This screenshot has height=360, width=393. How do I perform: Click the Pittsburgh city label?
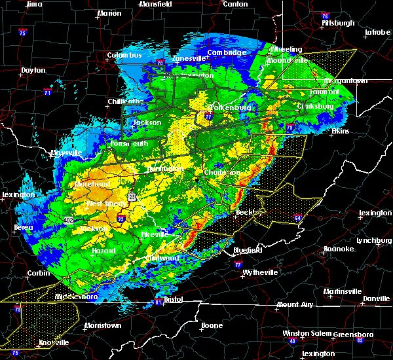pyautogui.click(x=338, y=23)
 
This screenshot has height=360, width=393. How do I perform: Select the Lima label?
pyautogui.click(x=34, y=4)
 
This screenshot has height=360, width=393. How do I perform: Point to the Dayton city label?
pyautogui.click(x=33, y=70)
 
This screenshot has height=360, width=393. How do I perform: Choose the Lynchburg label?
pyautogui.click(x=373, y=240)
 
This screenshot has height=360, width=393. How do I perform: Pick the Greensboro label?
pyautogui.click(x=352, y=334)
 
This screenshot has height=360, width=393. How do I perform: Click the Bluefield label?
pyautogui.click(x=249, y=250)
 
